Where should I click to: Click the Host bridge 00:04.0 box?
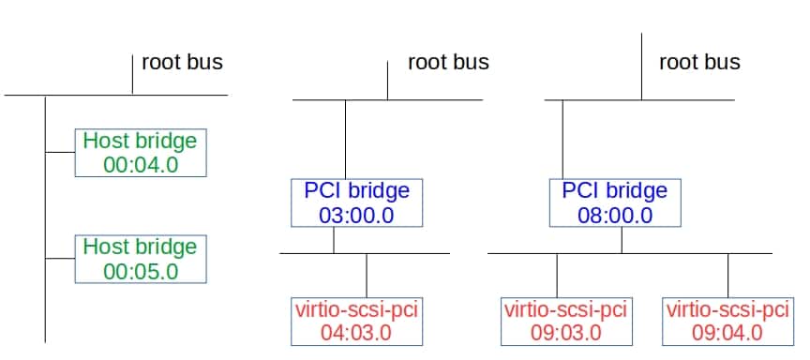[140, 153]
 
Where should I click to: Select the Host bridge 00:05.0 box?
[140, 259]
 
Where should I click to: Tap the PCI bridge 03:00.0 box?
[357, 202]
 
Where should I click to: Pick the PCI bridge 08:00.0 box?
[614, 202]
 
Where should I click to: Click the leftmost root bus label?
[182, 63]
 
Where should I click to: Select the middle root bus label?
[448, 63]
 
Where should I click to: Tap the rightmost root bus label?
[699, 63]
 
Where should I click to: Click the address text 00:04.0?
[140, 166]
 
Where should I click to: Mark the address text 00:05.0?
[140, 272]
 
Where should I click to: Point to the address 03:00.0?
[357, 215]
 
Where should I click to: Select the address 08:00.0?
[614, 215]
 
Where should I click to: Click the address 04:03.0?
[357, 332]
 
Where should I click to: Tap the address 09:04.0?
[727, 332]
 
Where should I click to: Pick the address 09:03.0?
[565, 332]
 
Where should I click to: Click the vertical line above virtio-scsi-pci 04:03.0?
[367, 275]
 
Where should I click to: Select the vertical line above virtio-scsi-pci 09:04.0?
[728, 275]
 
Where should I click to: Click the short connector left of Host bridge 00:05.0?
[60, 258]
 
